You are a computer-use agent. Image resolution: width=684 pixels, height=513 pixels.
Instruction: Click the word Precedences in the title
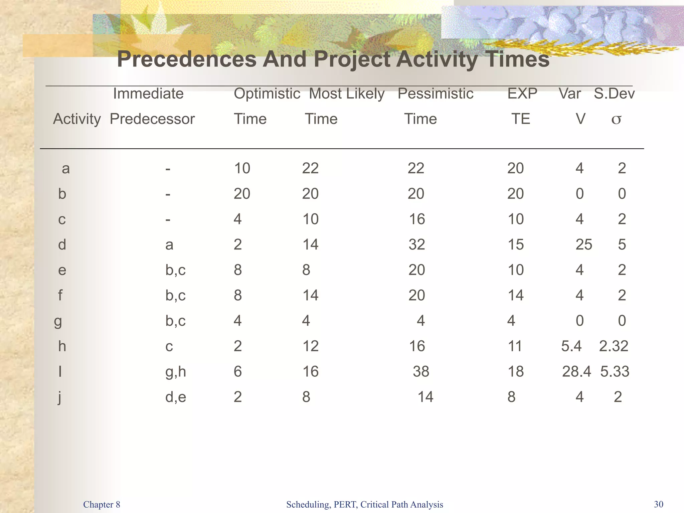(x=187, y=59)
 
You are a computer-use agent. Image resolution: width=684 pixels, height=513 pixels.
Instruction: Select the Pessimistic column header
(x=435, y=94)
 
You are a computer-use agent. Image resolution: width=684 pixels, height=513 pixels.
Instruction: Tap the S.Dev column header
(x=614, y=94)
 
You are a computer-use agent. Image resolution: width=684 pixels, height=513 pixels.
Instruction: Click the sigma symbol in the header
(x=616, y=119)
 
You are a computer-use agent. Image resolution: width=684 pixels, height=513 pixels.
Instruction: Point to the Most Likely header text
(x=346, y=94)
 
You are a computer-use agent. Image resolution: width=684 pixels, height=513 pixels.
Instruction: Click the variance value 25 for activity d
(x=583, y=244)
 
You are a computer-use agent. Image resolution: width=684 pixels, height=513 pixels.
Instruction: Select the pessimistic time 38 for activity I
(x=420, y=371)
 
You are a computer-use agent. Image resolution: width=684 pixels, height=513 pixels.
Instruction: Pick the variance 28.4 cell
(x=576, y=371)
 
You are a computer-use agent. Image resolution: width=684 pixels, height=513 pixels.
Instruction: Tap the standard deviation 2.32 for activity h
(x=614, y=346)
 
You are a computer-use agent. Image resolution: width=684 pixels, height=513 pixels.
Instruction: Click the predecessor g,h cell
(x=175, y=371)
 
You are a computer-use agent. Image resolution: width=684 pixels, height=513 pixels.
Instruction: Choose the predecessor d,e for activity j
(x=175, y=397)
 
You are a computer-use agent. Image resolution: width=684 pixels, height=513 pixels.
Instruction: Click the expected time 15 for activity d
(x=515, y=244)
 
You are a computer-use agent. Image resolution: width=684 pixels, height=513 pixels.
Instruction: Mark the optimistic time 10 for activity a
(x=242, y=168)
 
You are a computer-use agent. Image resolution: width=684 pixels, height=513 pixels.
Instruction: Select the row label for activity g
(x=58, y=321)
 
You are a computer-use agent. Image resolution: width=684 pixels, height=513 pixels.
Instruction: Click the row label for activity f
(x=60, y=295)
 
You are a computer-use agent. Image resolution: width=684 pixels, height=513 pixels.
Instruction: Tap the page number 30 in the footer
(x=658, y=504)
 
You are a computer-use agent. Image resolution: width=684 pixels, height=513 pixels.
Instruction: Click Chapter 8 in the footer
(x=102, y=504)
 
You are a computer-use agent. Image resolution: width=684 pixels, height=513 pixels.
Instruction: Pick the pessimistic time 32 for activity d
(x=416, y=244)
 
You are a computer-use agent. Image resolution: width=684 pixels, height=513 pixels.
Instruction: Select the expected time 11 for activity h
(x=514, y=346)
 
